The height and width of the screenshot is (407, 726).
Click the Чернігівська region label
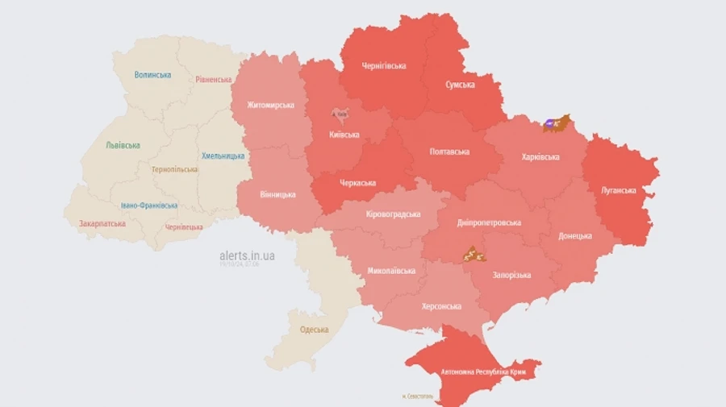tap(384, 66)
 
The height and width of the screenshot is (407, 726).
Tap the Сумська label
tap(460, 85)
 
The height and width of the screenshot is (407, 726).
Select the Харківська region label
tap(540, 156)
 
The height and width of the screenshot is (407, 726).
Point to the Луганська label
tap(619, 191)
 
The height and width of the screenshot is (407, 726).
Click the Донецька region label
tap(575, 236)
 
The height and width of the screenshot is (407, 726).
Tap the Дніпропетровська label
tap(488, 222)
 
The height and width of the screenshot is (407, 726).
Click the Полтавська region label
tap(450, 152)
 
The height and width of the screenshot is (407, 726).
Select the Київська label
tap(344, 135)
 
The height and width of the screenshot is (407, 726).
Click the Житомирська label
tap(270, 105)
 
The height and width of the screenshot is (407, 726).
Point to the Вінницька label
tap(277, 194)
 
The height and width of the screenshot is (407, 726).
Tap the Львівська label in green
tap(123, 146)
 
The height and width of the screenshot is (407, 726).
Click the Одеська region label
tap(314, 330)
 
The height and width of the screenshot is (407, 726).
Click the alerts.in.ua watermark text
tap(247, 255)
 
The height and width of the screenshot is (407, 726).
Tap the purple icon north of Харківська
tap(550, 124)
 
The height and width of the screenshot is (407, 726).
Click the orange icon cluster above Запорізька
tap(473, 255)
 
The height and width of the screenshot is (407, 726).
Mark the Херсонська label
tap(441, 306)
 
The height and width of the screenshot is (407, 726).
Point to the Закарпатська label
tap(102, 224)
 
